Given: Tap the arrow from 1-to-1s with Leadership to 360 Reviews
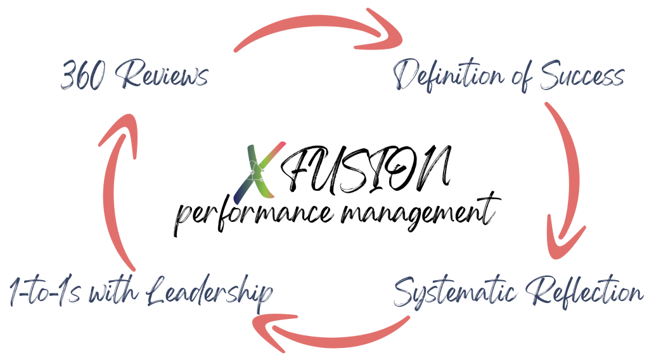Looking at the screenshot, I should click(x=117, y=190).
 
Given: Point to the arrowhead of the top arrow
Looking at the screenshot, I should click(x=383, y=38).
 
